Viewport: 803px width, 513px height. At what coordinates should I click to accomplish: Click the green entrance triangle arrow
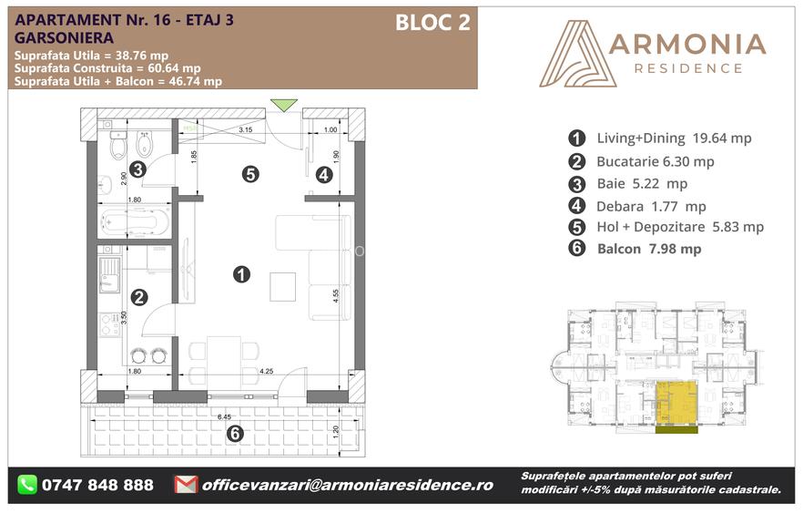[285, 105]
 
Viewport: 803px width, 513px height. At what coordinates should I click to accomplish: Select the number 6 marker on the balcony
[235, 434]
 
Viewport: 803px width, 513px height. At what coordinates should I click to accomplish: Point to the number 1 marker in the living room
[241, 273]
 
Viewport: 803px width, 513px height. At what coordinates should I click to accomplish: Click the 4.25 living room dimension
[267, 371]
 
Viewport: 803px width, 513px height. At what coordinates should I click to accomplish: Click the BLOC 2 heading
[432, 24]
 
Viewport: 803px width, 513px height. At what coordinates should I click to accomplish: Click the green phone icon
[27, 485]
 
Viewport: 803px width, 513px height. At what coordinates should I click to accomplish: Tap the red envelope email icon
[186, 485]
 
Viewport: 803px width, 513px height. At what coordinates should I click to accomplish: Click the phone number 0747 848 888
[97, 485]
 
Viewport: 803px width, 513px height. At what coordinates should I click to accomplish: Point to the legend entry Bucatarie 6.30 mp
[655, 161]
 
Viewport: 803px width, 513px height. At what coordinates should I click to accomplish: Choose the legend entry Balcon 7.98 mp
[649, 249]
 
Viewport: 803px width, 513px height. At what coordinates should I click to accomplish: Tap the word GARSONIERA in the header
[65, 39]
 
